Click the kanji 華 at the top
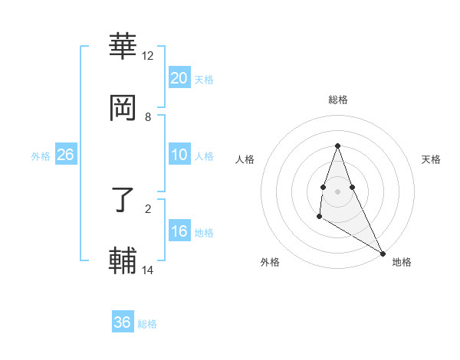[123, 47]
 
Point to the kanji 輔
[123, 260]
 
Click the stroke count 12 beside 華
[148, 56]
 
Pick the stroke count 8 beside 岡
[148, 116]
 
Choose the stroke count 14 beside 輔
[148, 270]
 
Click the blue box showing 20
[179, 78]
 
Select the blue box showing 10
[179, 155]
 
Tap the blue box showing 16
[179, 231]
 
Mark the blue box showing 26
[65, 155]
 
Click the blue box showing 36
[123, 322]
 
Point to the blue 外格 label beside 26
[41, 156]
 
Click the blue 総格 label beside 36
[147, 324]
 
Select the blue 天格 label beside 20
[204, 80]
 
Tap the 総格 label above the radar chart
[338, 100]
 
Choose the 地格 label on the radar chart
[402, 262]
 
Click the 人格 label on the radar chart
[245, 159]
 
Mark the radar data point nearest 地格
[383, 254]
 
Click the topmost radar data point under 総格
[337, 146]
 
